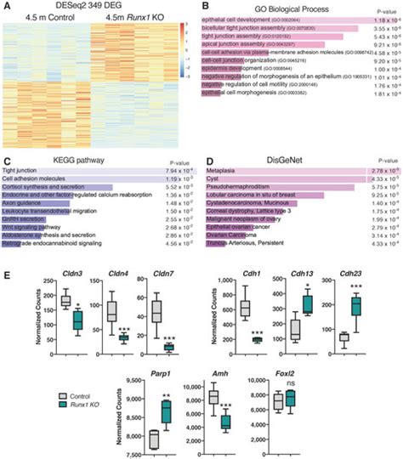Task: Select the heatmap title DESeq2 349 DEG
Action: coord(102,7)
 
